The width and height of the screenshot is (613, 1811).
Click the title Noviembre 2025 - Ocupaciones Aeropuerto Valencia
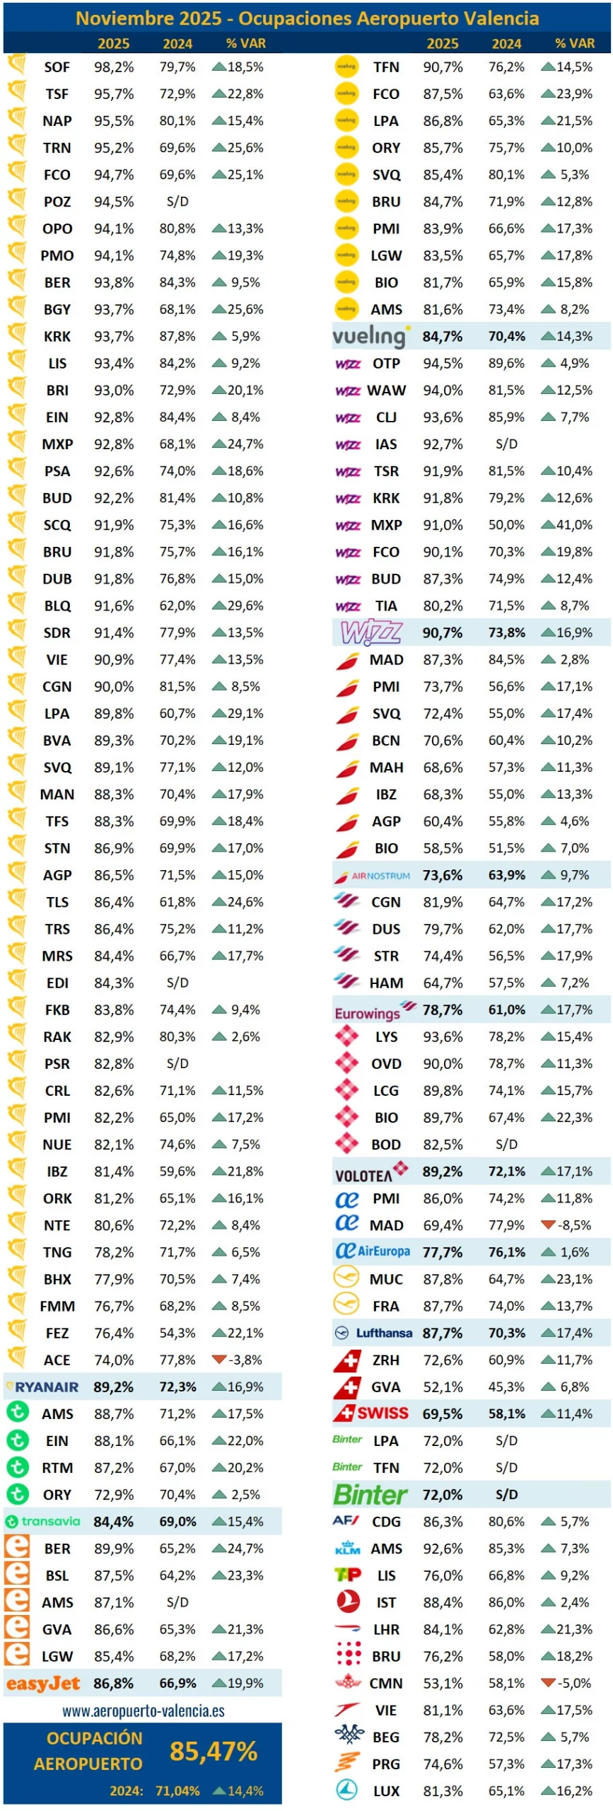click(307, 18)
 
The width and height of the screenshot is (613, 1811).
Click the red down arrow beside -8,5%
click(547, 1225)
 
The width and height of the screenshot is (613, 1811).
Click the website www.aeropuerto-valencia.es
click(144, 1711)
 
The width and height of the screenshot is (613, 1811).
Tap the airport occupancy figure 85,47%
click(214, 1751)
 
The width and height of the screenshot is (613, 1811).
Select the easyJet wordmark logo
click(43, 1683)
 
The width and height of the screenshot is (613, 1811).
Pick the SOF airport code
click(57, 67)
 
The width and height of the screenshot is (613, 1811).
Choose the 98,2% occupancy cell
click(114, 67)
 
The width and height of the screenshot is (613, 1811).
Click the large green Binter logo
click(370, 1494)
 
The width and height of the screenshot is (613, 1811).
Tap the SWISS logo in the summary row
click(373, 1413)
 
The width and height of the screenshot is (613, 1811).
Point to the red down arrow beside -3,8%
click(218, 1359)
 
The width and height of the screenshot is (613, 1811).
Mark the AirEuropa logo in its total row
click(373, 1251)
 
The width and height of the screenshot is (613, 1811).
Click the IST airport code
click(386, 1602)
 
